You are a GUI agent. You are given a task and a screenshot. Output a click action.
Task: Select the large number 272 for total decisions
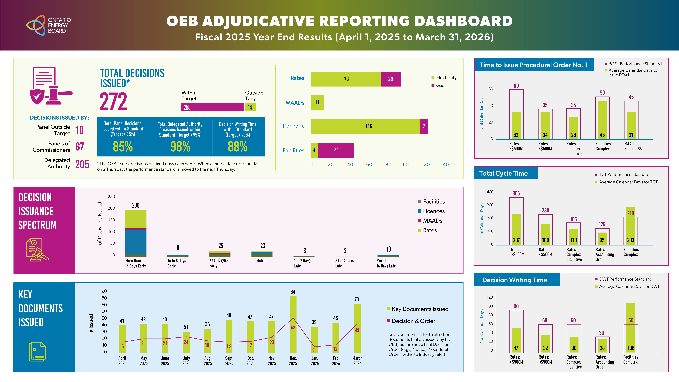point(113,102)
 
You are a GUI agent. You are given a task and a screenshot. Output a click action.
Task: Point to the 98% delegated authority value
point(180,147)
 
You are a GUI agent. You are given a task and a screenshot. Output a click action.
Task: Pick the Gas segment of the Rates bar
point(390,79)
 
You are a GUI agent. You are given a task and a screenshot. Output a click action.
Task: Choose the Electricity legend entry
point(446,78)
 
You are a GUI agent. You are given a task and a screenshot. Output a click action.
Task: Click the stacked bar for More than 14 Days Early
point(136,233)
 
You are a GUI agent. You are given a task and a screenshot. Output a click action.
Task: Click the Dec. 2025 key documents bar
point(293,324)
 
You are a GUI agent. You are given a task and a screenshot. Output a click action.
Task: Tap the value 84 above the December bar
point(293,292)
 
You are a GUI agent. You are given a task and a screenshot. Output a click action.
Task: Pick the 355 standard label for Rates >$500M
point(516,194)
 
